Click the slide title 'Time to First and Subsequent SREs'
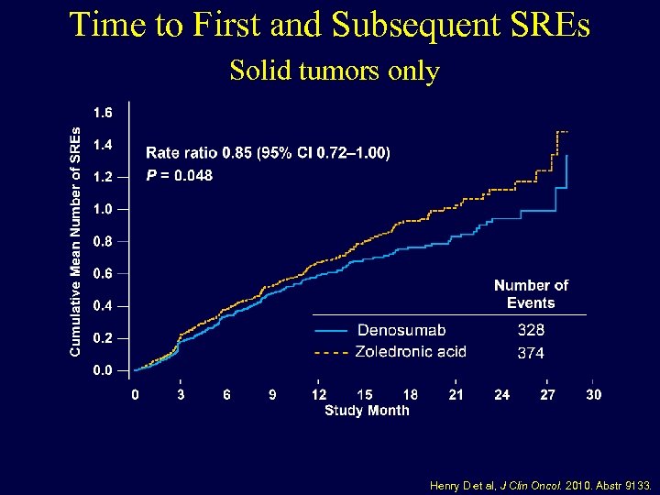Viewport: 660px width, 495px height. (x=330, y=25)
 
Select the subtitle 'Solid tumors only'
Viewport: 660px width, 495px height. (x=335, y=71)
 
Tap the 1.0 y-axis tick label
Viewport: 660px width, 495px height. (x=103, y=209)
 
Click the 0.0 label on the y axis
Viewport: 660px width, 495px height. (x=103, y=370)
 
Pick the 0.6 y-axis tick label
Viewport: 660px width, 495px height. (x=103, y=273)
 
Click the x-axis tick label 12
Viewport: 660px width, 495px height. (x=318, y=394)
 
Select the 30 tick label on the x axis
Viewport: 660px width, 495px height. (x=594, y=394)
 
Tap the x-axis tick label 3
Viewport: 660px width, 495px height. (x=181, y=394)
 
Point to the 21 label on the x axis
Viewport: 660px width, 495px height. (x=456, y=394)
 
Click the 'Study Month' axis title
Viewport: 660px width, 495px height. (x=367, y=410)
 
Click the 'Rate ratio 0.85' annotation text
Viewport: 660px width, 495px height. (x=268, y=153)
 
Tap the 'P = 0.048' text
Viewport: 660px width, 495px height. (x=180, y=175)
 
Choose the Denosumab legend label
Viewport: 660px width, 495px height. (x=401, y=330)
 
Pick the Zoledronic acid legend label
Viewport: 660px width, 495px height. (x=412, y=351)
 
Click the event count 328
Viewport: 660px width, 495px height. (x=531, y=330)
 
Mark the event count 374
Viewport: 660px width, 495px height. (x=531, y=352)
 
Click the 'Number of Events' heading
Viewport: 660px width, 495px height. (x=531, y=294)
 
